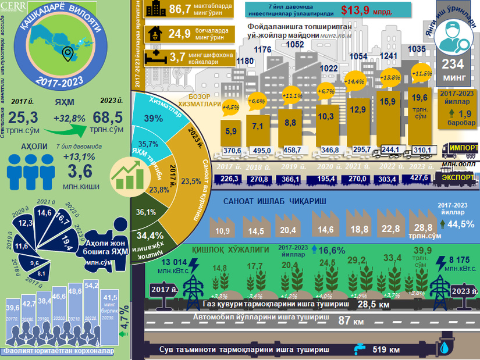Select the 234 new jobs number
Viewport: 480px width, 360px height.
coord(453,65)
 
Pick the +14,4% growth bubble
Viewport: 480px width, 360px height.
coord(354,81)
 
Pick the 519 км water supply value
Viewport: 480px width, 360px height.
coord(386,350)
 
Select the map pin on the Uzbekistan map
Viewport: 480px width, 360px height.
coord(67,54)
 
